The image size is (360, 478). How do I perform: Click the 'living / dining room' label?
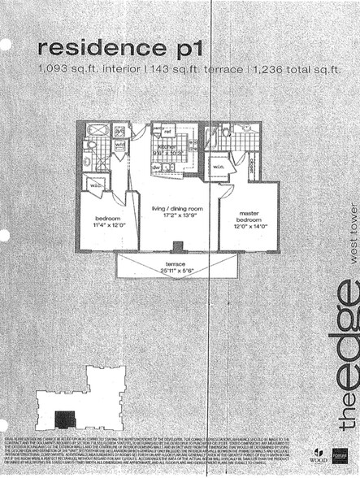click(177, 210)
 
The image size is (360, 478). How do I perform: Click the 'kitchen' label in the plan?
click(168, 147)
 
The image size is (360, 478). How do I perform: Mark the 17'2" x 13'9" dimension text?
click(177, 217)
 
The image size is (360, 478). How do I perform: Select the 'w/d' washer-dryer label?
click(119, 146)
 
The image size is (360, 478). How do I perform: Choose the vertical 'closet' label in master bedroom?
click(254, 168)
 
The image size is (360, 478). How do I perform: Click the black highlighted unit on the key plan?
click(64, 420)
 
